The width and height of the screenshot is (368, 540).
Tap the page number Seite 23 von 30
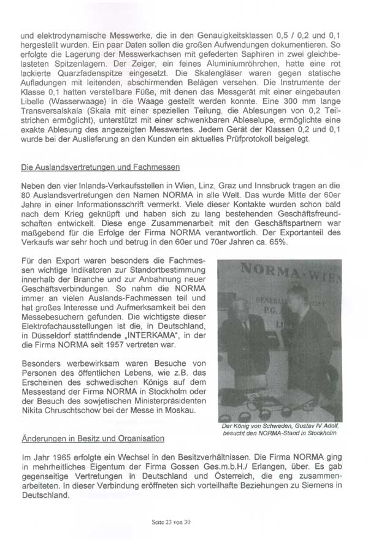click(183, 522)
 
